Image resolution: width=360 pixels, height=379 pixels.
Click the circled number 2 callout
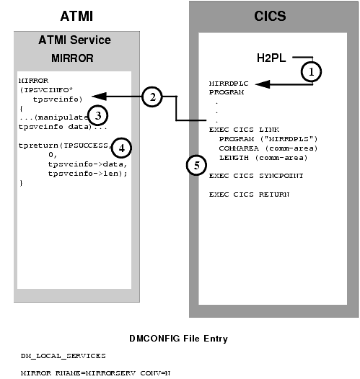point(152,97)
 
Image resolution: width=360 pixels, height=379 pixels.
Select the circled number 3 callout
point(101,115)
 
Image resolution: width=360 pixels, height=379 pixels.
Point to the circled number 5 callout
point(194,164)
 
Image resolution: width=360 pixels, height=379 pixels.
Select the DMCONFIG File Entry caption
point(178,337)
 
